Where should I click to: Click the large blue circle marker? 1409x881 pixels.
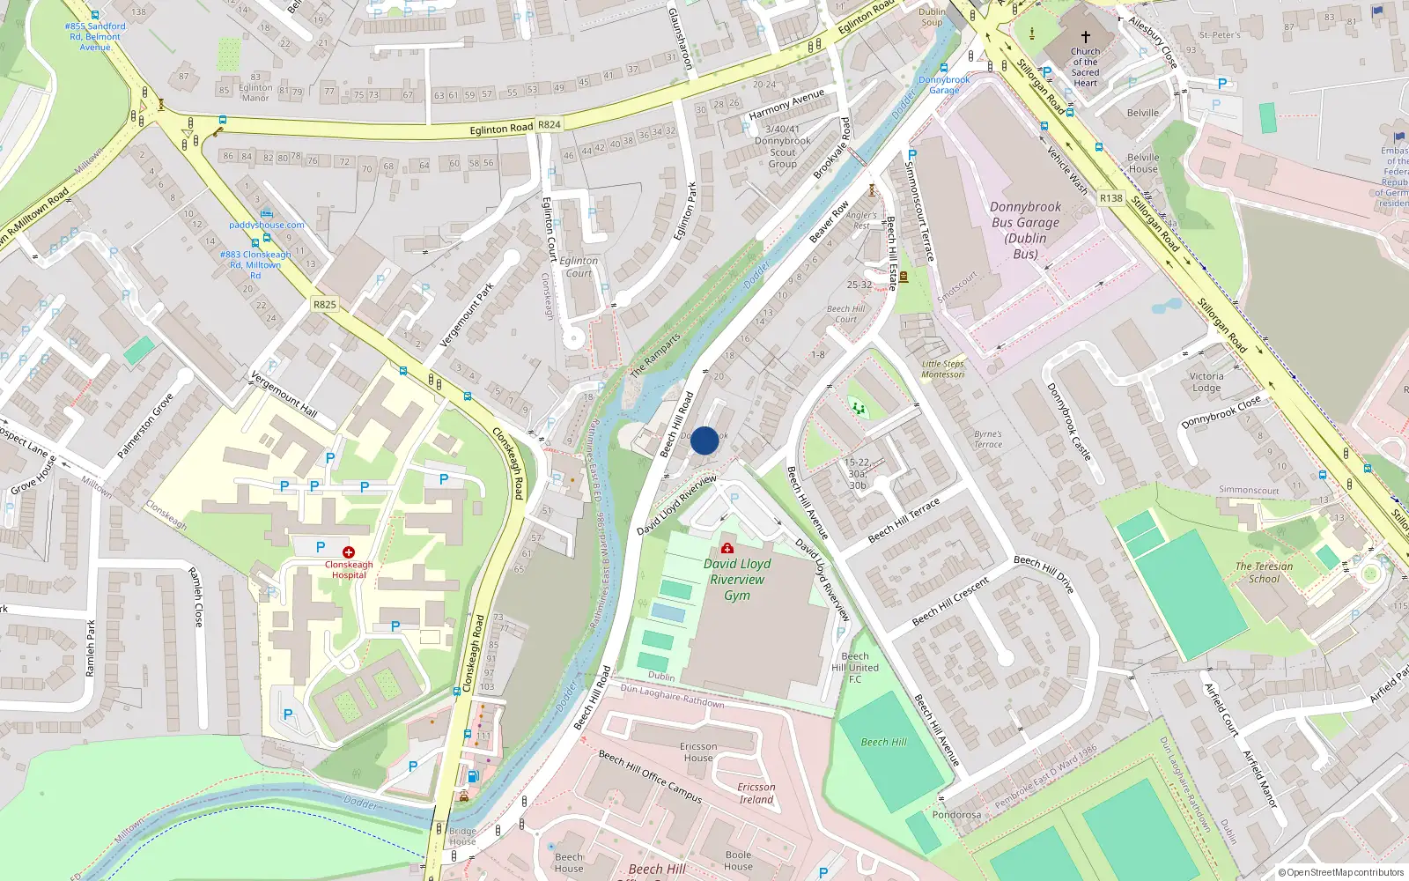pyautogui.click(x=704, y=440)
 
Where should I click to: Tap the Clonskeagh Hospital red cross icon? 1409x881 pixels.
pyautogui.click(x=349, y=552)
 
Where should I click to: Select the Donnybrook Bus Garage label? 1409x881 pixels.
pyautogui.click(x=1025, y=230)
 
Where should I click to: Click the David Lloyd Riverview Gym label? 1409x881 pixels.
pyautogui.click(x=737, y=580)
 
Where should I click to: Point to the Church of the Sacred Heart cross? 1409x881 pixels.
pyautogui.click(x=1085, y=37)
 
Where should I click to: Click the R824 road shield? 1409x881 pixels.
pyautogui.click(x=549, y=125)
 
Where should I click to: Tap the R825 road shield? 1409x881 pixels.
pyautogui.click(x=325, y=304)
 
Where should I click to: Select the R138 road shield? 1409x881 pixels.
pyautogui.click(x=1111, y=198)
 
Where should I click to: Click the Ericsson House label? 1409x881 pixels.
pyautogui.click(x=698, y=751)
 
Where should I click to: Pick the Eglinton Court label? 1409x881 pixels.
pyautogui.click(x=579, y=266)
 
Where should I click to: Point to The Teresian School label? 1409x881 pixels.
pyautogui.click(x=1264, y=573)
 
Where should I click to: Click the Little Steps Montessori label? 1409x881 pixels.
pyautogui.click(x=943, y=369)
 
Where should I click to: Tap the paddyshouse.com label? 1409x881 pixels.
pyautogui.click(x=266, y=225)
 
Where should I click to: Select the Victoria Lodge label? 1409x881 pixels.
pyautogui.click(x=1206, y=381)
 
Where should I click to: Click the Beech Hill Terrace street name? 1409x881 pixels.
pyautogui.click(x=904, y=520)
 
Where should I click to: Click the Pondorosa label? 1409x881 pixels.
pyautogui.click(x=956, y=814)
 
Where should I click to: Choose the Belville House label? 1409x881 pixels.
pyautogui.click(x=1143, y=163)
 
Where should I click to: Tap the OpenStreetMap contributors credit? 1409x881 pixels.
pyautogui.click(x=1340, y=872)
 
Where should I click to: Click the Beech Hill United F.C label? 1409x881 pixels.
pyautogui.click(x=855, y=667)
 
